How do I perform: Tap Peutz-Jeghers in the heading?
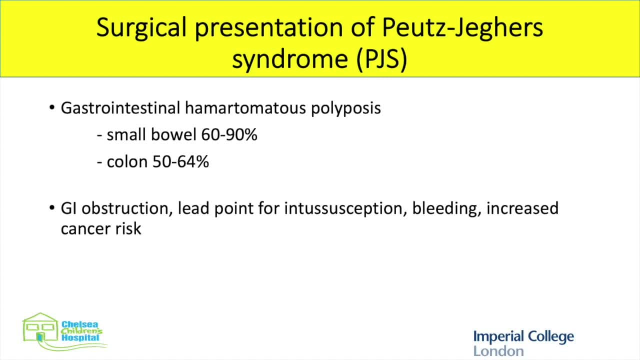[463, 27]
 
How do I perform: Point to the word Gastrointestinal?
[120, 108]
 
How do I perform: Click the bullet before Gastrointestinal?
[52, 107]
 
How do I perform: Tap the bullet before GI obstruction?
[52, 207]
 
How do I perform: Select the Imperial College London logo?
[523, 342]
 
